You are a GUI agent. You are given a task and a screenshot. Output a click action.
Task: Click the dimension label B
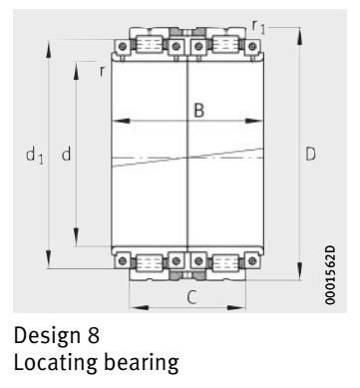pos(198,110)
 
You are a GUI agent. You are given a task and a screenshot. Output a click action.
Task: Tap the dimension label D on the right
pos(310,154)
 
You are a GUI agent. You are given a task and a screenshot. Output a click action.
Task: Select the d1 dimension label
pos(35,156)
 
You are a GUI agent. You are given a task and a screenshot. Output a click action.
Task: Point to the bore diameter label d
pos(66,154)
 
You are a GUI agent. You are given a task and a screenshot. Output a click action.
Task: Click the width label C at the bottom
pos(191,297)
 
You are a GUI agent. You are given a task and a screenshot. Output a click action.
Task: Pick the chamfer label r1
pos(258,27)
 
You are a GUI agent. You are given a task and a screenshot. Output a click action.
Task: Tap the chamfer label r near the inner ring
pos(103,71)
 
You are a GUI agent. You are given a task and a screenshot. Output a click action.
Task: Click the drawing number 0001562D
pos(330,275)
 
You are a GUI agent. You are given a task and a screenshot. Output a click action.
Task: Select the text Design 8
pos(57,335)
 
